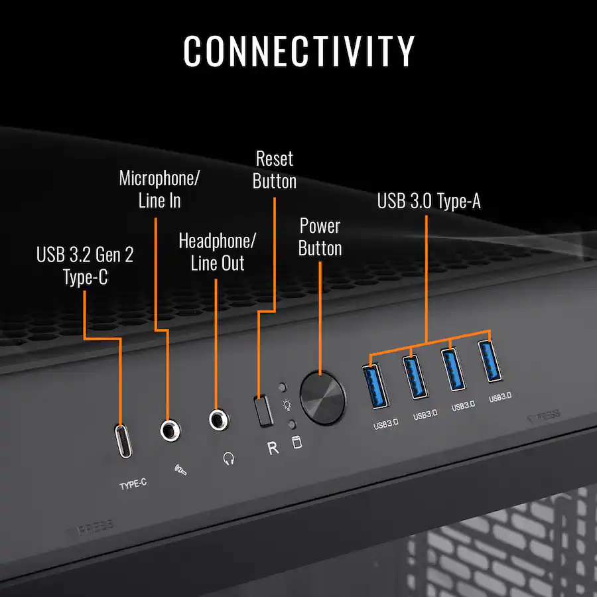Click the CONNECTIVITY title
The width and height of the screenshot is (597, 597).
click(299, 51)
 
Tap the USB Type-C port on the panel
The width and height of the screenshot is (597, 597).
click(123, 441)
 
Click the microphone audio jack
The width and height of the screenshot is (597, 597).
click(170, 431)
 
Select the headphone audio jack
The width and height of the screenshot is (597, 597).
click(219, 420)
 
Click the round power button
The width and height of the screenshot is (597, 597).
click(323, 397)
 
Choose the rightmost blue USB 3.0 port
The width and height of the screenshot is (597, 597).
click(490, 361)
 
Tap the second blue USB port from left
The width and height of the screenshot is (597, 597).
click(415, 377)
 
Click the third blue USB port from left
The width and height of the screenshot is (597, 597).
click(453, 369)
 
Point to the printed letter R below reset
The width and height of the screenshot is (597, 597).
click(273, 448)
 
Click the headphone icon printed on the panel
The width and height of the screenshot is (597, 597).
click(228, 458)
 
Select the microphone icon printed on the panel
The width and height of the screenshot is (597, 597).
click(180, 470)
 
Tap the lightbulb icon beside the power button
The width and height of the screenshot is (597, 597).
click(287, 405)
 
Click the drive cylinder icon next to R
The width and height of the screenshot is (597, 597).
click(297, 442)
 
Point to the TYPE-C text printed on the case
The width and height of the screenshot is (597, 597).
click(133, 484)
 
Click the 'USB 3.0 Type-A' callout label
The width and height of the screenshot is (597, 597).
click(429, 200)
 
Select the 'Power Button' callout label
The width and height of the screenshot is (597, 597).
click(320, 237)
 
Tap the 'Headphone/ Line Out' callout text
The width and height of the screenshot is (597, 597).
click(218, 252)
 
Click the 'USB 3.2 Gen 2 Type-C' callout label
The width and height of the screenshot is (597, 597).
click(85, 266)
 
